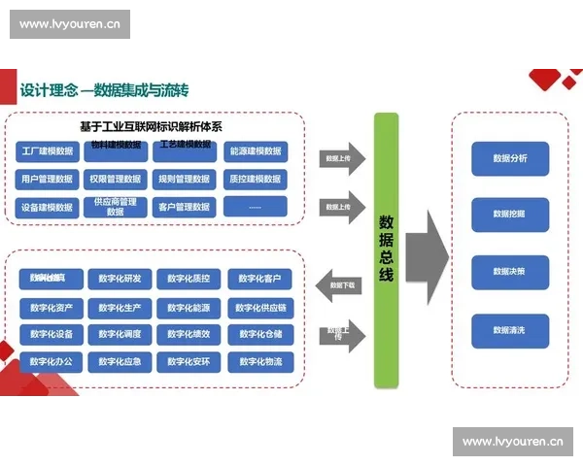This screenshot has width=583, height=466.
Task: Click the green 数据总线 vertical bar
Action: (x=386, y=250)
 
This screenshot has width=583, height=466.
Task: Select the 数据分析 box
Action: (x=509, y=158)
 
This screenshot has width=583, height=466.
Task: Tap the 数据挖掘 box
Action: (x=509, y=214)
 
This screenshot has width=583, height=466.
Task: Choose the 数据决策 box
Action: (x=509, y=272)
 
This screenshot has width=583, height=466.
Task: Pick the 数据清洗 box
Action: (x=509, y=330)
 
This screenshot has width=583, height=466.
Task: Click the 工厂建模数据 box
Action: (x=46, y=151)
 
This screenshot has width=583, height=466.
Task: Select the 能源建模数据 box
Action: (x=254, y=151)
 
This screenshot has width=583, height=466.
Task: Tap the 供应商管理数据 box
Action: (x=116, y=207)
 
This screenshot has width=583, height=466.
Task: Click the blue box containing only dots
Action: (x=254, y=207)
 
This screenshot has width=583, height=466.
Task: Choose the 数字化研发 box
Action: (x=120, y=280)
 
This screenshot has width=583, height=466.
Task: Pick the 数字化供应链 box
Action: (x=259, y=308)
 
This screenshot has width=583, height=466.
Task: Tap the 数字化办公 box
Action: (x=51, y=362)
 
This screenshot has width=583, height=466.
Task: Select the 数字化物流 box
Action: (x=259, y=362)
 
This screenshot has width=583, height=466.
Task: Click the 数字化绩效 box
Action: (x=189, y=335)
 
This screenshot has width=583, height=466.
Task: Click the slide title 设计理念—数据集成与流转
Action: (x=104, y=90)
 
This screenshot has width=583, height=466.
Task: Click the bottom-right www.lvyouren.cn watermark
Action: (x=512, y=442)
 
